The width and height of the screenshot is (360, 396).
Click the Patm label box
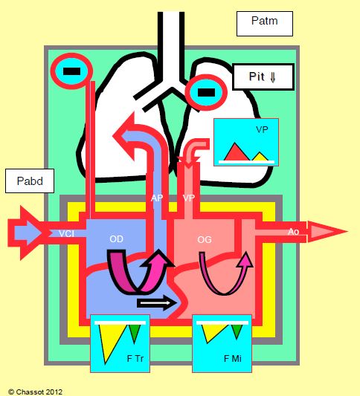265,24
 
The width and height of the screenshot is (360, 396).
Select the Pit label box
263,77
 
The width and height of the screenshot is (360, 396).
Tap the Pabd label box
30,181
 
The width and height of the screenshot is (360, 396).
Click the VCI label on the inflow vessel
66,233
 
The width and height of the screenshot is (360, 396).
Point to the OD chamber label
116,239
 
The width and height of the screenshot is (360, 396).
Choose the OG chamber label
205,239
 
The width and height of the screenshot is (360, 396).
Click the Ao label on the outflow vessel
294,232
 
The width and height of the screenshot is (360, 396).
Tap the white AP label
157,198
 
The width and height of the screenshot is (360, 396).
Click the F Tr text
135,358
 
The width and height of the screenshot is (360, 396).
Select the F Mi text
233,358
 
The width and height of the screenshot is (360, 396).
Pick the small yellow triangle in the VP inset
260,157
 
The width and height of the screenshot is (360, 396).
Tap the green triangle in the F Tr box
135,332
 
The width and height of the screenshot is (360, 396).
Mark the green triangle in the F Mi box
237,331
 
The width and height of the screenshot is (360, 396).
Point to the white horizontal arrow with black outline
156,302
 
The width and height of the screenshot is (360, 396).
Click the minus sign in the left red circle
72,71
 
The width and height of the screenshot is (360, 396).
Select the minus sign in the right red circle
206,92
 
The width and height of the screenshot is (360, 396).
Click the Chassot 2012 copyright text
36,392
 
